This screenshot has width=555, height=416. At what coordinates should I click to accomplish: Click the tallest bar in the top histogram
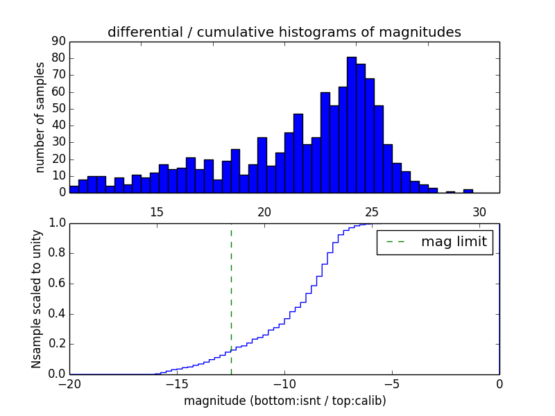click(352, 125)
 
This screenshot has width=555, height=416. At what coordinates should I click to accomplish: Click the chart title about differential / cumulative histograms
click(284, 32)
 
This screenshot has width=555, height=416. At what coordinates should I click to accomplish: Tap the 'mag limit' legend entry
click(434, 242)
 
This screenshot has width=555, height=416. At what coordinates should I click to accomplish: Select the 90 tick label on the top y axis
click(58, 42)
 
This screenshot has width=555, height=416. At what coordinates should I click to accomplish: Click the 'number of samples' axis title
click(40, 117)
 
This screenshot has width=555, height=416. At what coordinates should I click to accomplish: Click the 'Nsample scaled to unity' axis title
click(37, 298)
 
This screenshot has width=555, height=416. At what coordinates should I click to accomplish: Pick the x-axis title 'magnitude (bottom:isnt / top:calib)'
click(284, 401)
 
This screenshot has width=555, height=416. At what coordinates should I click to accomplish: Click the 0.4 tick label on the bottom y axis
click(56, 313)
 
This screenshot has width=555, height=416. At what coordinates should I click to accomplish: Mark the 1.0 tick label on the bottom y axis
click(56, 223)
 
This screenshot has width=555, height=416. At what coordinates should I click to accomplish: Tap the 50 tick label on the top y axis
click(58, 109)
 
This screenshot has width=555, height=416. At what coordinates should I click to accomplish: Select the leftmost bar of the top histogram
click(74, 189)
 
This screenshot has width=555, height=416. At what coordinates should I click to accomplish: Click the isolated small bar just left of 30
click(468, 191)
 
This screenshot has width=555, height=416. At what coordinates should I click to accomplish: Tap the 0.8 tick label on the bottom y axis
click(56, 253)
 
